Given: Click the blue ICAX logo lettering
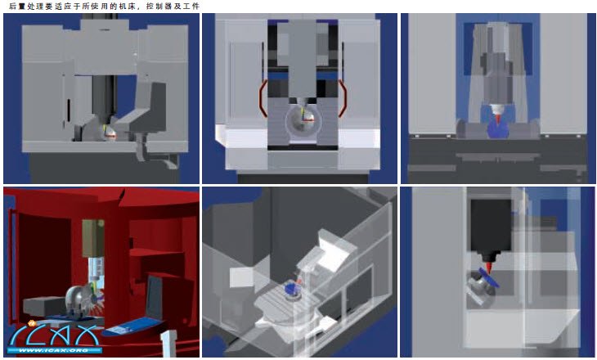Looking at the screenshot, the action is pos(53,335).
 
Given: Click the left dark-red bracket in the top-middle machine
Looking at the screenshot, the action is pos(263,99).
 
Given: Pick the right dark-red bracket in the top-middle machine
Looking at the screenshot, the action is pos(343,99).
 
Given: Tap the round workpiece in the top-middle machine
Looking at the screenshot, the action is pos(301,122).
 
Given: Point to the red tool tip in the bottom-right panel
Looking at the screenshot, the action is pos(488,266).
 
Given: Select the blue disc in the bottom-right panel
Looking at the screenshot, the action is pos(489,277).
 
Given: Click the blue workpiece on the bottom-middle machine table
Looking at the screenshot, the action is pos(290,288).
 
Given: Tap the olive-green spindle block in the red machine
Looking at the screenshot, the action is pos(93,238).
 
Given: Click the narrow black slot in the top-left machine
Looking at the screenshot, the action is pos(69,110).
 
